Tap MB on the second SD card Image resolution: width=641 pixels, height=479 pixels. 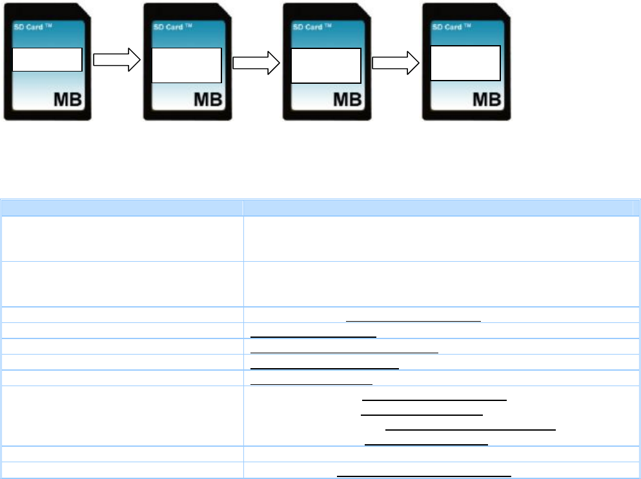coord(206,100)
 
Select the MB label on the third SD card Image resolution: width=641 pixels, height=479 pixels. coord(345,100)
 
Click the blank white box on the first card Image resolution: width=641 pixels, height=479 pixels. coord(48,59)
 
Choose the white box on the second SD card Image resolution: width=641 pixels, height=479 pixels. coord(187,65)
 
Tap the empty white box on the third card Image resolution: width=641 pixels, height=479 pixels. coord(326,65)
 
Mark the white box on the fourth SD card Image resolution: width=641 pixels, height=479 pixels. coord(465,63)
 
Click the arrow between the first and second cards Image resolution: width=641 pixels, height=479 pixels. coord(117,61)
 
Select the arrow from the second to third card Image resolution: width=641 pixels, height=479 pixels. coord(256,62)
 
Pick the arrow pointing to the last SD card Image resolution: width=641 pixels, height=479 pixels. coord(396,62)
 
